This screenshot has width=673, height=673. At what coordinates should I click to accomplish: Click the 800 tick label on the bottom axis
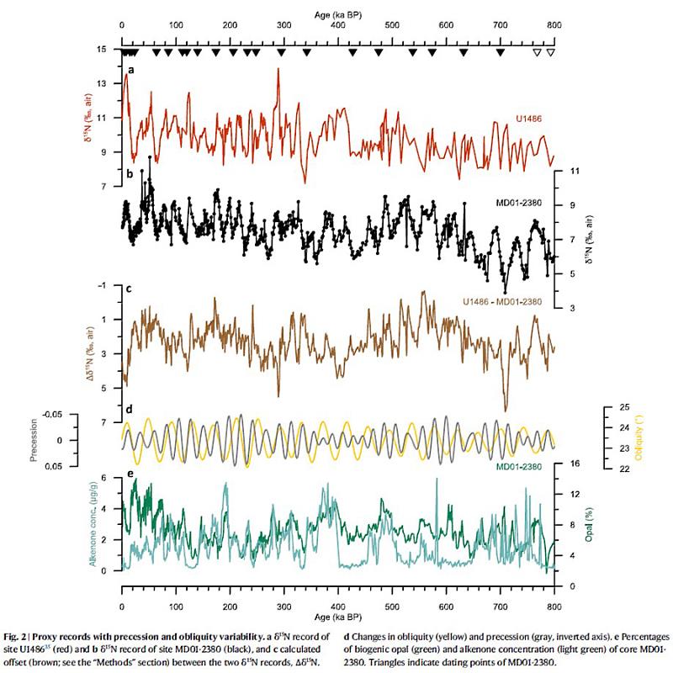point(554,594)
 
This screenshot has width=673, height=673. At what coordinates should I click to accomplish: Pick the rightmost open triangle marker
point(550,53)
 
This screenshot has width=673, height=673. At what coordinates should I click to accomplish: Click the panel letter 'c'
point(128,289)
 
